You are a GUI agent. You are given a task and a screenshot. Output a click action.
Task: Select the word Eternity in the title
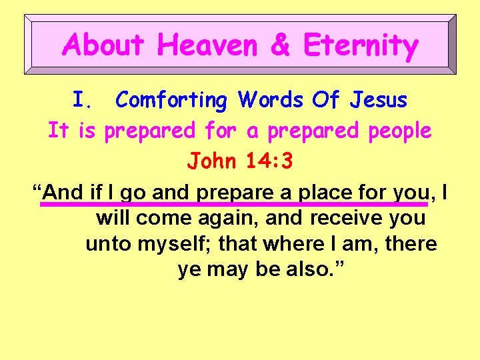tap(361, 45)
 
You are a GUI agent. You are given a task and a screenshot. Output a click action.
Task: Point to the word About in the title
tap(103, 45)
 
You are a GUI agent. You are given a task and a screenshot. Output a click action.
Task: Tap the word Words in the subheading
tap(271, 100)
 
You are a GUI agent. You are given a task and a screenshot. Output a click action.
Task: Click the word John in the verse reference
tap(211, 161)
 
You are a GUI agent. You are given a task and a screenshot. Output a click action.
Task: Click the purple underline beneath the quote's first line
tap(233, 204)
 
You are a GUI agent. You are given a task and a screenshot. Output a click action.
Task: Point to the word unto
tap(109, 244)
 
